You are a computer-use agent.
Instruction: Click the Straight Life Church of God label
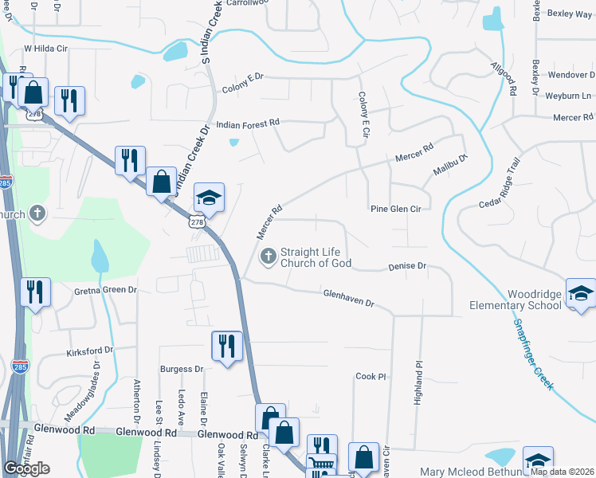tap(316, 257)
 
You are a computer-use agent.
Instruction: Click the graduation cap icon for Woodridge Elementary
tap(581, 294)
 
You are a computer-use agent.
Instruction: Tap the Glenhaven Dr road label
tap(348, 299)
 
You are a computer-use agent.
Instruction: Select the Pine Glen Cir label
tap(395, 209)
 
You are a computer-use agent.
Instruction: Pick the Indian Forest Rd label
tap(248, 123)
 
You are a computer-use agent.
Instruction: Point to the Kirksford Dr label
tap(90, 351)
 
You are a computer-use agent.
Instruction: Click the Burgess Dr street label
tap(182, 370)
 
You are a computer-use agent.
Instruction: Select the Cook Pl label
tap(371, 376)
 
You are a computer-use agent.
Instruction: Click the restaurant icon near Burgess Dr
tap(227, 347)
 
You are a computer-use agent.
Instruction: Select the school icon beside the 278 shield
tap(209, 199)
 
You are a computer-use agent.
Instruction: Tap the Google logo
tap(27, 468)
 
